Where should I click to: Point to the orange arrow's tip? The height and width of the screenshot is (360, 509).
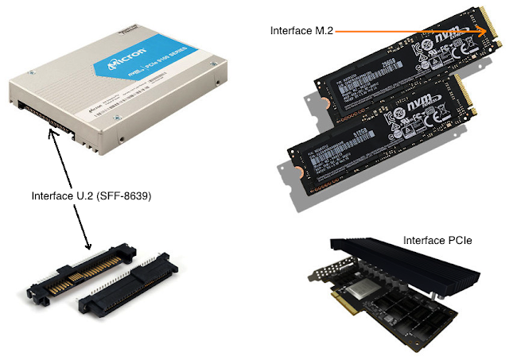[488, 30]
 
